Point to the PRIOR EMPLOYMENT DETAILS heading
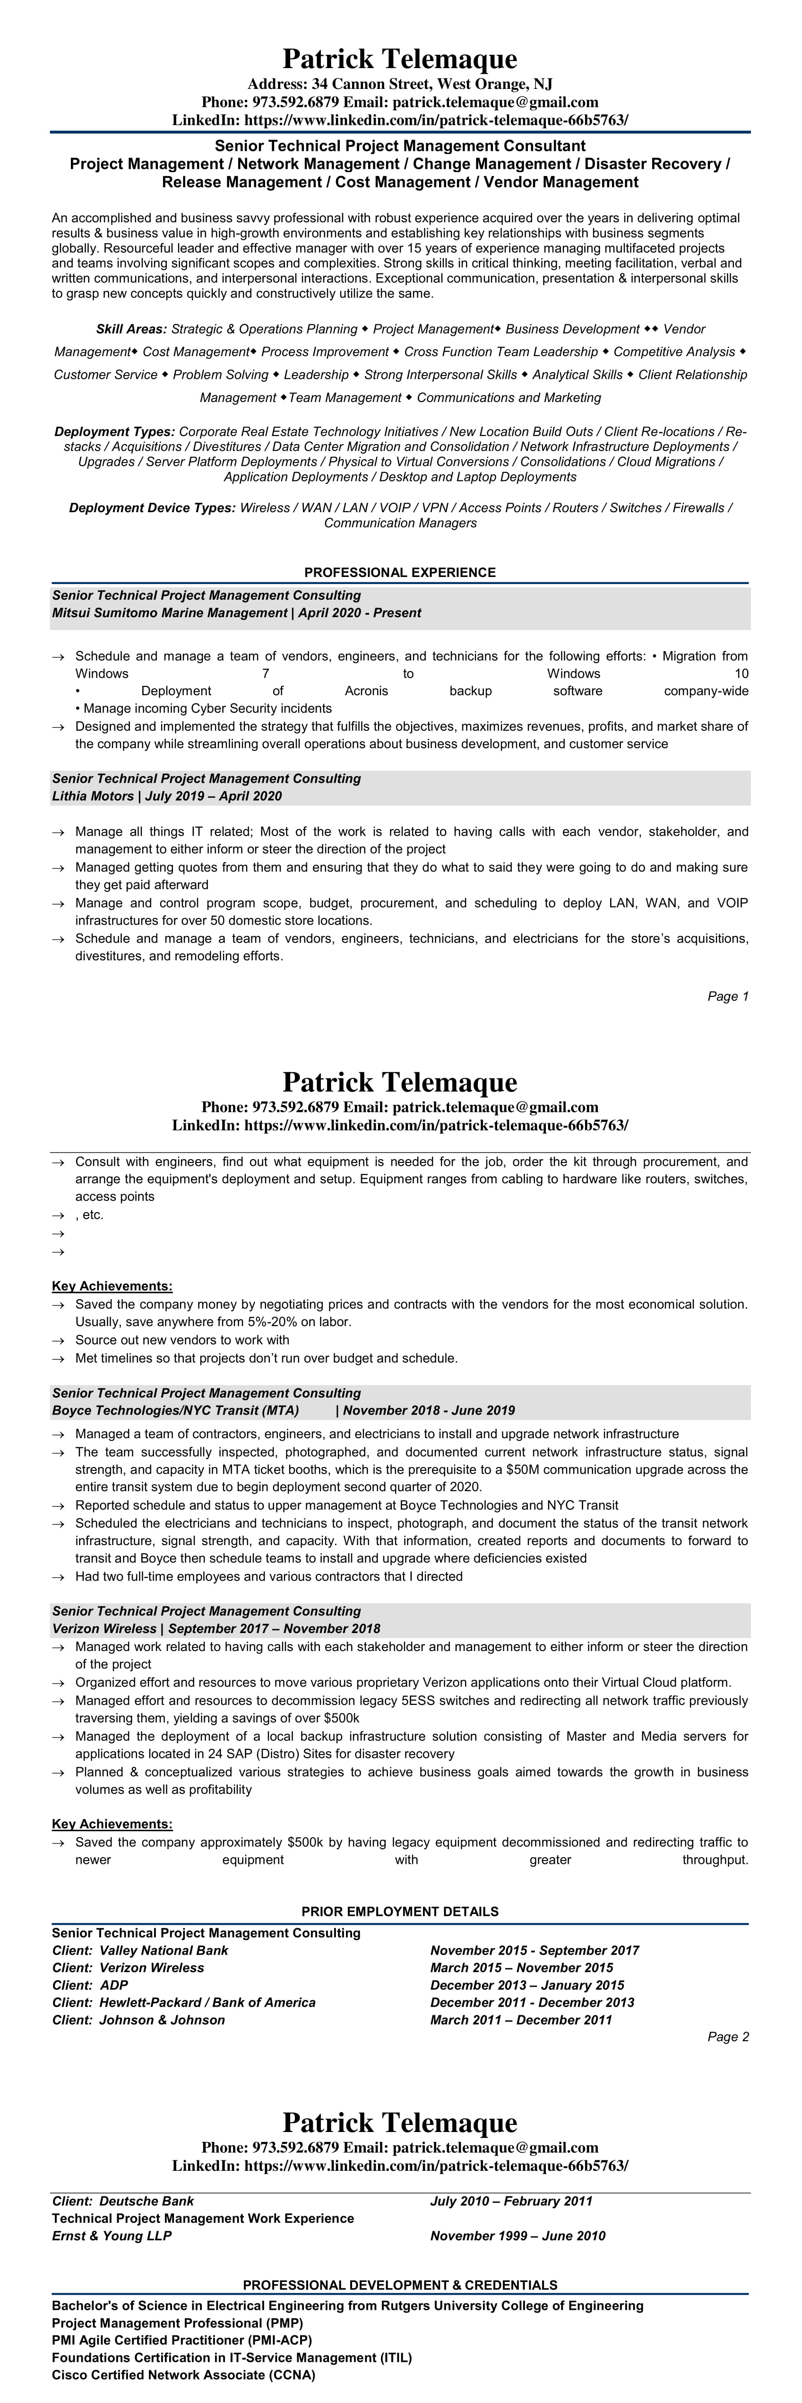pyautogui.click(x=400, y=1912)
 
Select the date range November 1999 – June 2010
pyautogui.click(x=517, y=2236)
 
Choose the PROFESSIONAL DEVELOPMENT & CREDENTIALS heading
pyautogui.click(x=400, y=2285)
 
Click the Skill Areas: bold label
pyautogui.click(x=131, y=329)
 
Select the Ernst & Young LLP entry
pyautogui.click(x=112, y=2236)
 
